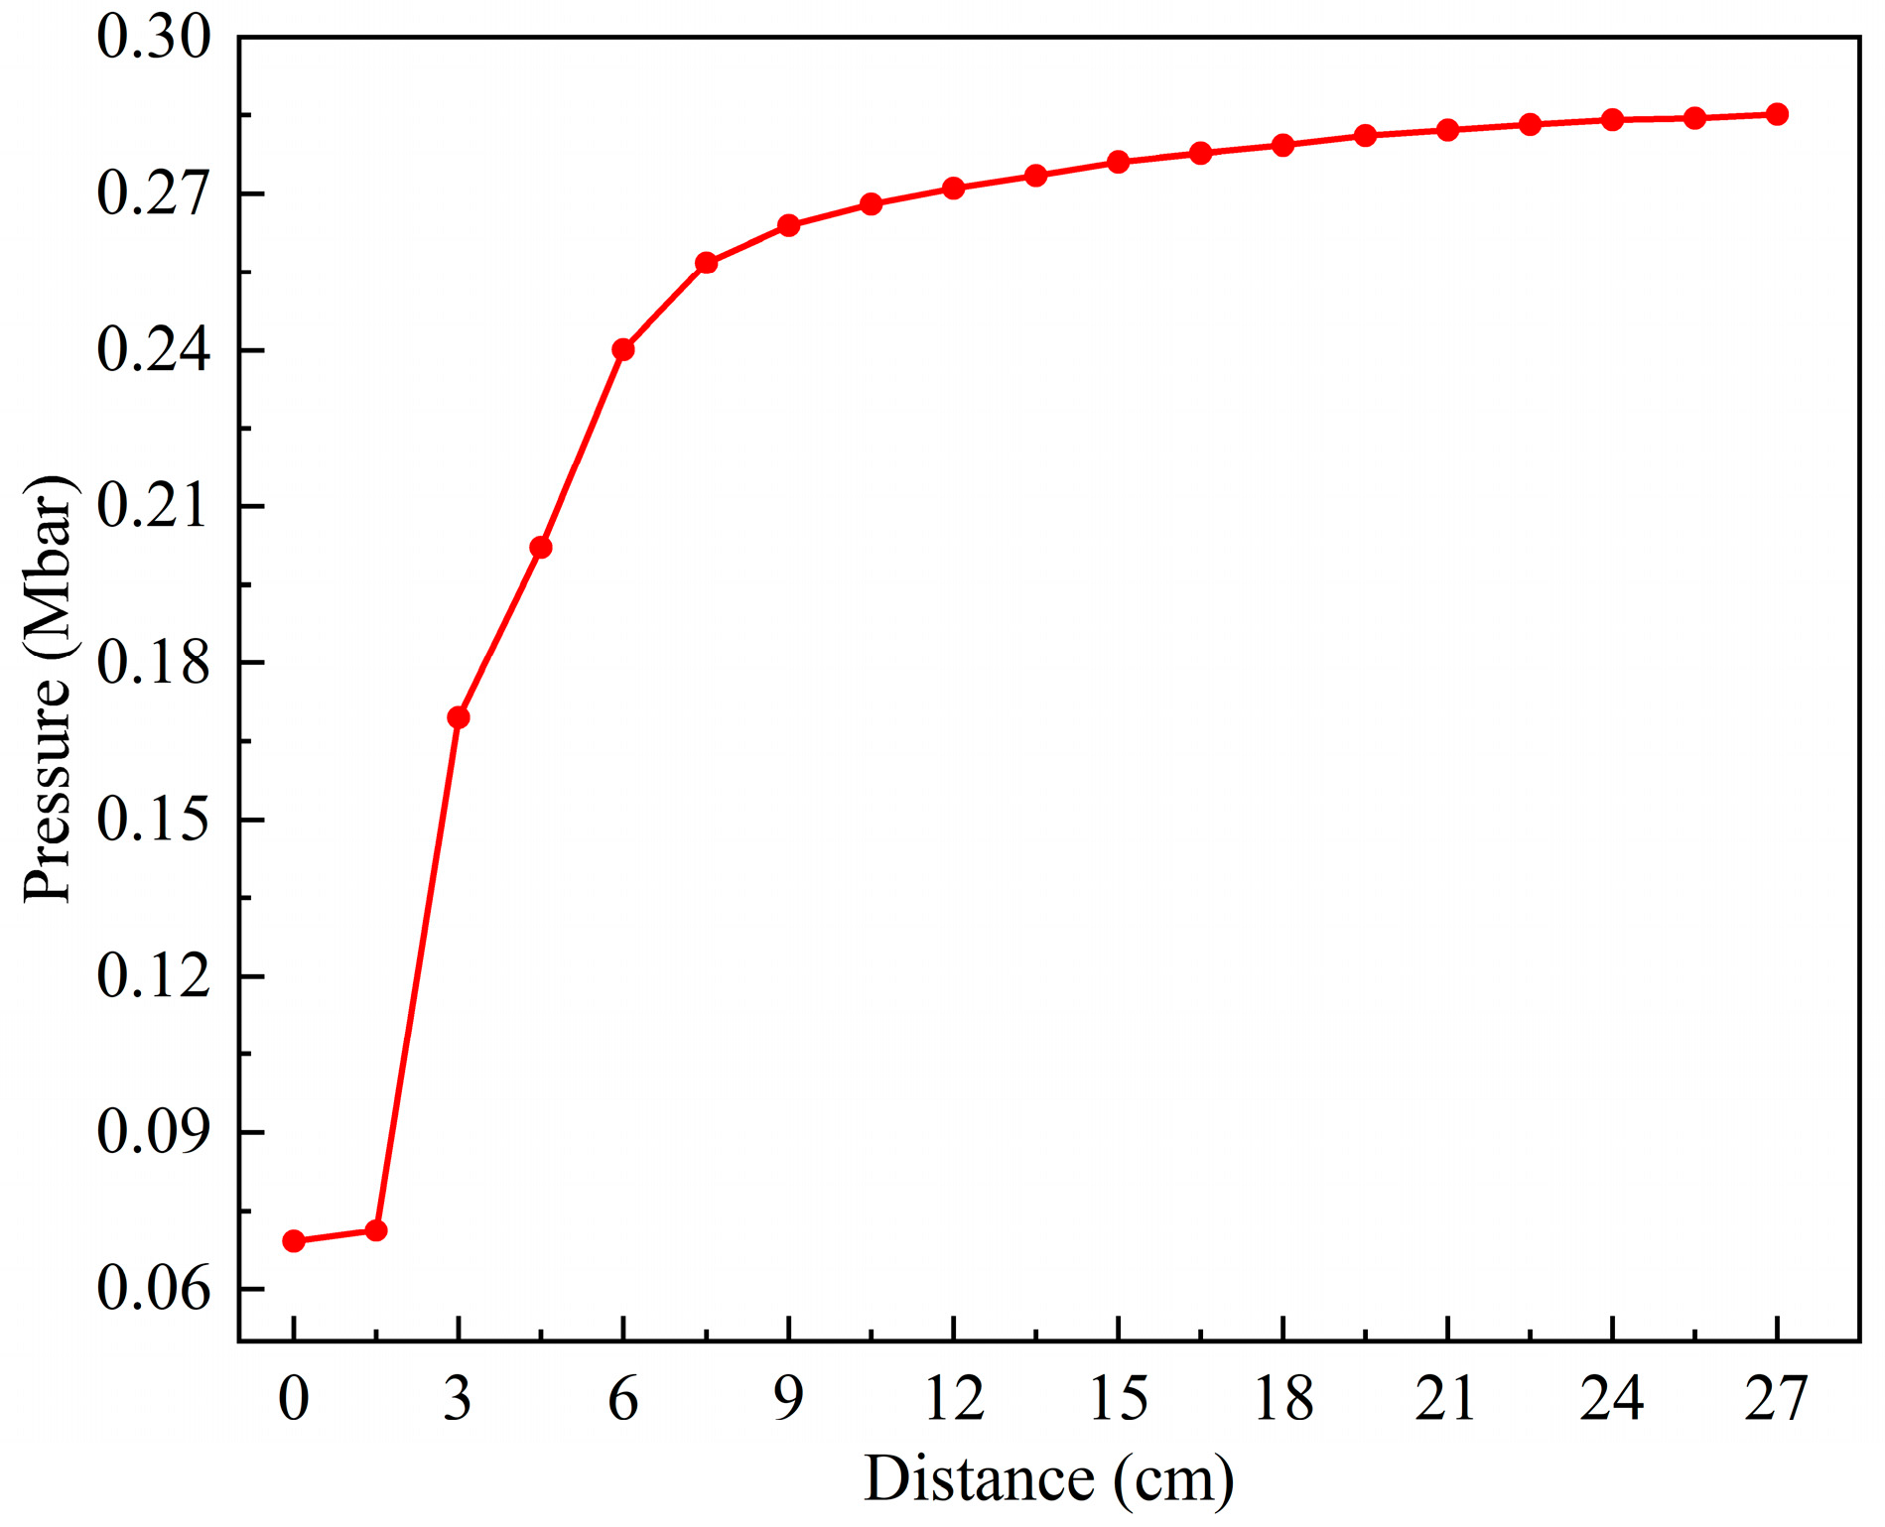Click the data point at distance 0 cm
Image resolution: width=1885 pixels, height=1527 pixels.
click(x=294, y=1241)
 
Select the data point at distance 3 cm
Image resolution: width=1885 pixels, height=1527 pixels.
click(x=459, y=717)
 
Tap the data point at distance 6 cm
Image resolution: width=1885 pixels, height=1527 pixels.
click(x=623, y=349)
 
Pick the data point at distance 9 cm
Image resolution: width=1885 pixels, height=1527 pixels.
click(x=789, y=225)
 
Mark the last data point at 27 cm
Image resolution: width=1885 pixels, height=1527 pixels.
click(x=1778, y=114)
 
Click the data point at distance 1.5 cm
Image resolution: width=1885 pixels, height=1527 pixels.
click(x=376, y=1230)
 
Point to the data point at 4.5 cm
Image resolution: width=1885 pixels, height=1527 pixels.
click(x=541, y=548)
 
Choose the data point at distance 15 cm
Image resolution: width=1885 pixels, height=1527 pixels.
click(x=1119, y=162)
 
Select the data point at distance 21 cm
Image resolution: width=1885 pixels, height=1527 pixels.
click(x=1448, y=130)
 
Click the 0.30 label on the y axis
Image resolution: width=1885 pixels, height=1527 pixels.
click(x=154, y=38)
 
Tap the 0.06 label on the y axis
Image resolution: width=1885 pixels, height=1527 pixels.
click(x=154, y=1289)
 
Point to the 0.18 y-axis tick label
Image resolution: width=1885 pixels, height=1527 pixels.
click(x=154, y=663)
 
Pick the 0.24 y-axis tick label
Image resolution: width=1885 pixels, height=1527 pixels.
click(x=154, y=350)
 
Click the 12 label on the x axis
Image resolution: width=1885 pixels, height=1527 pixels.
click(x=954, y=1399)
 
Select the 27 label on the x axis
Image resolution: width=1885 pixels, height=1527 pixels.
click(x=1777, y=1399)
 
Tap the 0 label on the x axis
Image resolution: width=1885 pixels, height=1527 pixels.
click(x=294, y=1399)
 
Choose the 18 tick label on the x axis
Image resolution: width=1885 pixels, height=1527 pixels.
click(x=1283, y=1399)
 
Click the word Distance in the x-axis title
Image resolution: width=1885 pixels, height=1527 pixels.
click(x=979, y=1479)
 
